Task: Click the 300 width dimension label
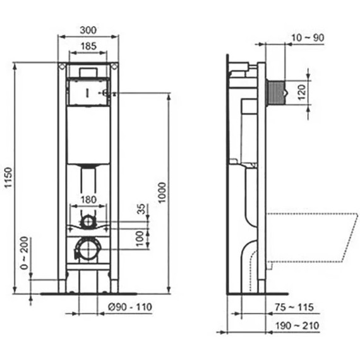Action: tap(88, 29)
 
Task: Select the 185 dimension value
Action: tap(88, 46)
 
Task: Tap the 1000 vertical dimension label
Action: tap(163, 193)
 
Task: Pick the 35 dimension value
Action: tap(141, 210)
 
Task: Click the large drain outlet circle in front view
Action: tap(88, 250)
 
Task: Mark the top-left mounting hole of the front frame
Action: tap(62, 66)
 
